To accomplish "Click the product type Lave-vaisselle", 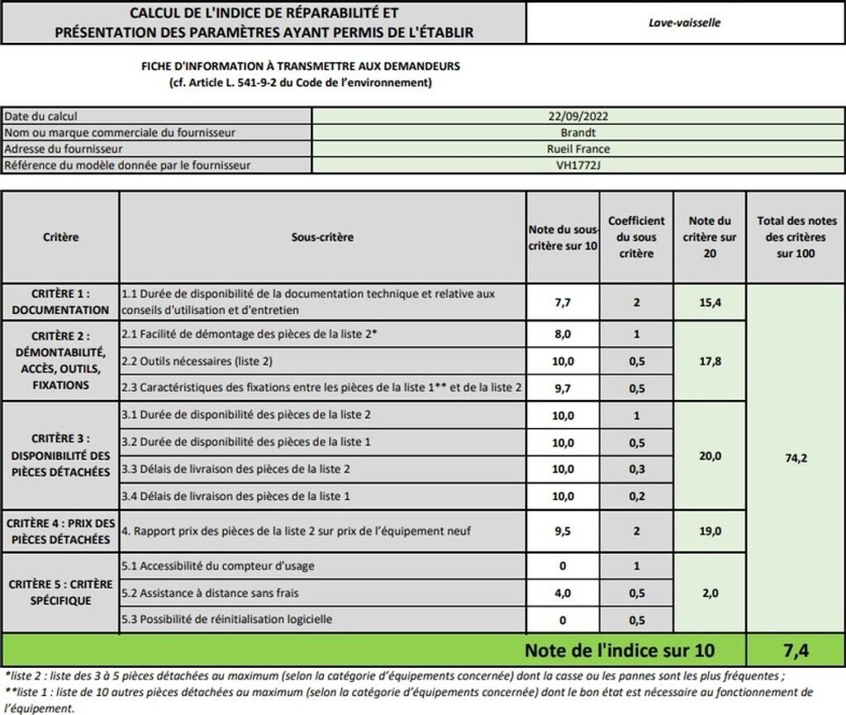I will (684, 22).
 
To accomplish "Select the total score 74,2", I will (795, 457).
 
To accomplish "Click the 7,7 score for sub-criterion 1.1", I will (563, 303).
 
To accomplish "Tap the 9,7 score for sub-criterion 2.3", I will (563, 387).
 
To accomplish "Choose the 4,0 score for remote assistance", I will (563, 593).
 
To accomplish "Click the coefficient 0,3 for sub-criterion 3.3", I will (636, 469).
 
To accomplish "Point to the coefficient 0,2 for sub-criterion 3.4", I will (636, 496).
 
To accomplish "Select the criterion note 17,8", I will (710, 360).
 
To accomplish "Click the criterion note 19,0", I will (710, 531).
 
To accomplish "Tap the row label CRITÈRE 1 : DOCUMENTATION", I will (60, 302).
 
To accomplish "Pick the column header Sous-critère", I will (322, 237).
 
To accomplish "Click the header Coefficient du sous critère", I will (636, 237).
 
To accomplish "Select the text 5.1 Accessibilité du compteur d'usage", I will (217, 566).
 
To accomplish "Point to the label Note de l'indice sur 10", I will (620, 651).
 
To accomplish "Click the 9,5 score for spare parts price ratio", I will (563, 531).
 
